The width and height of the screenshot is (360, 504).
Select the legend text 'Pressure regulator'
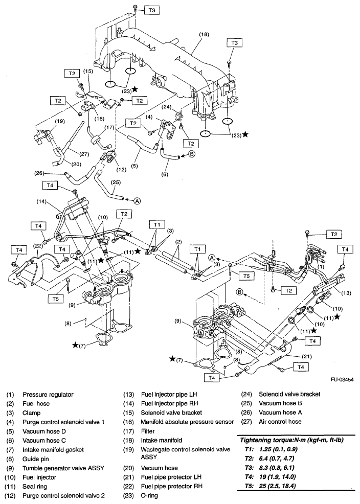(x=48, y=395)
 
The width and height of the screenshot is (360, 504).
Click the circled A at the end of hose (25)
(x=137, y=201)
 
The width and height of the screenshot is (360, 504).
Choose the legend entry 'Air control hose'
(x=280, y=422)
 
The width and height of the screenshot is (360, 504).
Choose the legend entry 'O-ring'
(x=152, y=496)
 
